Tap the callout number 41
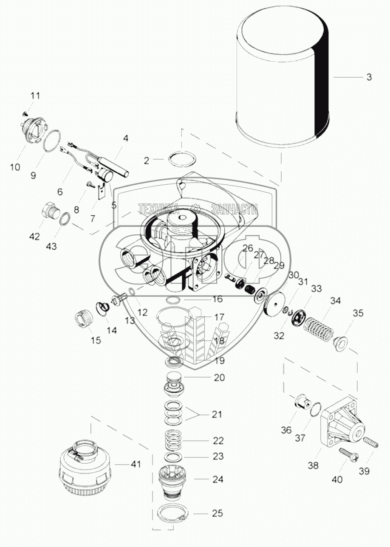click(136, 465)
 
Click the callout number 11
click(35, 96)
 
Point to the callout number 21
click(217, 414)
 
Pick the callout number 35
click(358, 314)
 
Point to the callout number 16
click(218, 299)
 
